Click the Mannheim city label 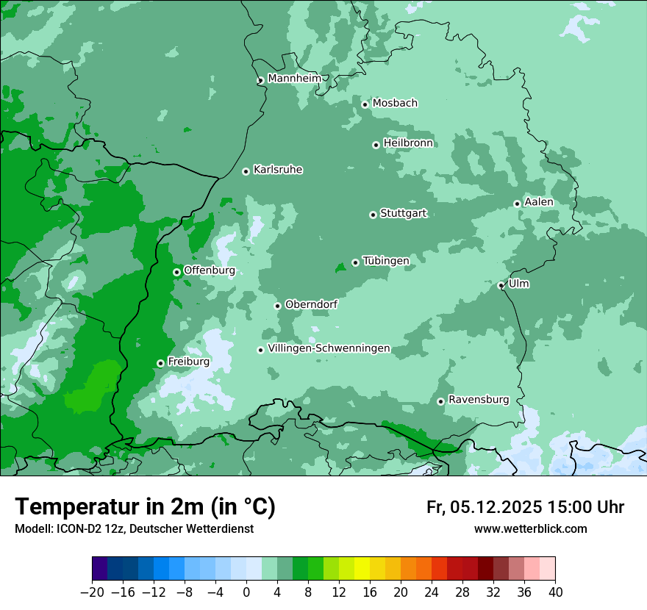(x=294, y=78)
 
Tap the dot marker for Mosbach (x=365, y=104)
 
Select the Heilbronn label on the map (x=408, y=143)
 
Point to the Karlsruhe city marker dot (x=246, y=172)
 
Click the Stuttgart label (x=403, y=213)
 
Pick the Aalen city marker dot (x=517, y=204)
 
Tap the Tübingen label (x=386, y=261)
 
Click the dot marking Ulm (x=501, y=286)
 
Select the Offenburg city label (x=210, y=270)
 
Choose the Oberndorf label (x=311, y=304)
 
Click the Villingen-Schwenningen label (x=329, y=348)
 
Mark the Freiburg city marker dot (x=160, y=363)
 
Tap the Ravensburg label (x=479, y=400)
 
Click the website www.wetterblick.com (x=530, y=529)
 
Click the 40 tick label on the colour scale (x=555, y=592)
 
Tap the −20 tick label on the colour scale (x=92, y=592)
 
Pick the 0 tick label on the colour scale (x=246, y=592)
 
